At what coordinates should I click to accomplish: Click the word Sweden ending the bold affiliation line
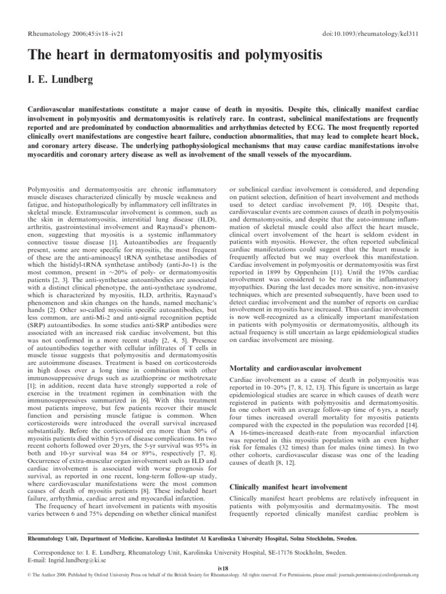point(342,538)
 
